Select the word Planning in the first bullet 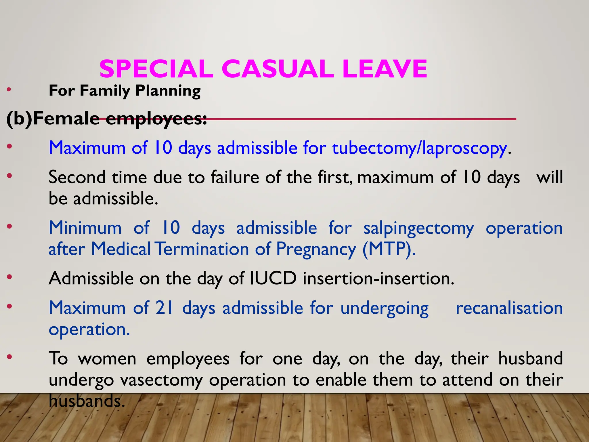[168, 91]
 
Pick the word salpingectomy [418, 228]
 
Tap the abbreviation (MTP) [389, 249]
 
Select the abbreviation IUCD [273, 278]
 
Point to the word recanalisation [509, 308]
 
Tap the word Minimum [85, 228]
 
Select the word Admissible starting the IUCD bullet [91, 278]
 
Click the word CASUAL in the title [278, 69]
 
